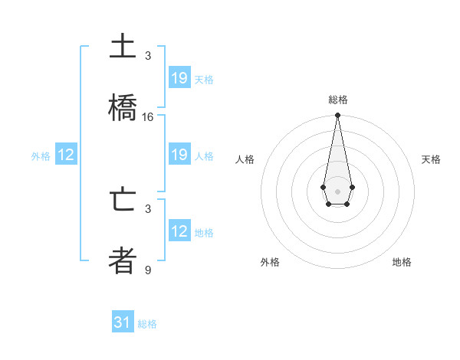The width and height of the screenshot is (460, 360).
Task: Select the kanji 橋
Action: (123, 108)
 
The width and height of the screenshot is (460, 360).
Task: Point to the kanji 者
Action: (123, 260)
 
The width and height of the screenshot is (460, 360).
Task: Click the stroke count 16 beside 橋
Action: (148, 116)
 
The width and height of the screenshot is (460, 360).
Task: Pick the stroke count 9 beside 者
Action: (148, 270)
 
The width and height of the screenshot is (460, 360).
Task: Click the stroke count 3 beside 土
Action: (148, 56)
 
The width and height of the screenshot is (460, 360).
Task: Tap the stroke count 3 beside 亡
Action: (148, 208)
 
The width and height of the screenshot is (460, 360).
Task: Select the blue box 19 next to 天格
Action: (179, 78)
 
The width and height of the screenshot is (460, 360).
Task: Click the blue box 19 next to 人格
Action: (179, 155)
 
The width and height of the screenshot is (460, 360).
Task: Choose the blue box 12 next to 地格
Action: (179, 231)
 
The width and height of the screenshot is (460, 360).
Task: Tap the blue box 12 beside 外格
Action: (66, 155)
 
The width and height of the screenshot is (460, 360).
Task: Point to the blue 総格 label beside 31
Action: (147, 324)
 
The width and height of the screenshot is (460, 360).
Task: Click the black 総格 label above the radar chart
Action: (338, 100)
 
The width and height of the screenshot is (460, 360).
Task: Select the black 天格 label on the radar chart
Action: (432, 159)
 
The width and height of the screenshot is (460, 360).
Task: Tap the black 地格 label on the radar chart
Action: (402, 262)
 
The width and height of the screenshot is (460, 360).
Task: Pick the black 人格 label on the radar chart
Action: (245, 159)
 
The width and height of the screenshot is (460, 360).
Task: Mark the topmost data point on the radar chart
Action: (337, 115)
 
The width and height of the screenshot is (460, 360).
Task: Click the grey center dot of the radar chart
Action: (337, 190)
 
